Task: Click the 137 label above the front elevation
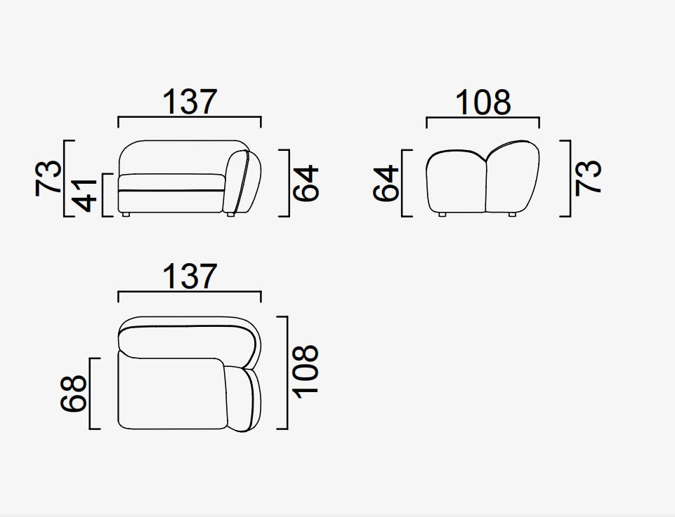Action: (x=190, y=102)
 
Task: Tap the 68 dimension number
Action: (x=74, y=394)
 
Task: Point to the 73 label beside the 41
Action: (x=48, y=178)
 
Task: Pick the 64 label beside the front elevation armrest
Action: (x=306, y=183)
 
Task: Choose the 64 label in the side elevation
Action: (x=386, y=183)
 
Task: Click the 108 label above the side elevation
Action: (x=483, y=102)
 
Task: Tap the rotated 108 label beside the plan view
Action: (x=306, y=372)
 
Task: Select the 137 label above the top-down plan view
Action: (x=190, y=276)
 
